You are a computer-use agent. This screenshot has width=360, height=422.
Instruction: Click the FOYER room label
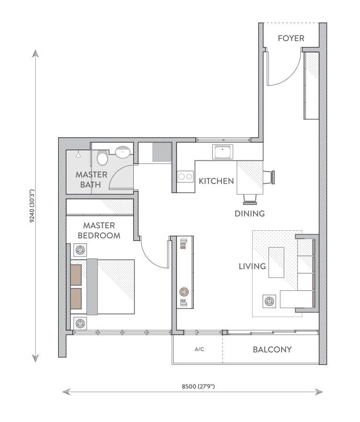tap(291, 38)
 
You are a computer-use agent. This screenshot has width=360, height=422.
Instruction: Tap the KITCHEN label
tap(216, 181)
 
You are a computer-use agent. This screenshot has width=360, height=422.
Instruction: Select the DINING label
tap(250, 213)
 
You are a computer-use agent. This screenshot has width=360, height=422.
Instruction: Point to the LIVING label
tap(252, 266)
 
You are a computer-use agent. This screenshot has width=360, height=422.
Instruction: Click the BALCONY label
tap(272, 350)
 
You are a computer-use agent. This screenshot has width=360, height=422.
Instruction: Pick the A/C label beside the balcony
tap(199, 349)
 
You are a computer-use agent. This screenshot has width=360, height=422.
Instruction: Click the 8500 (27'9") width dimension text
tap(199, 386)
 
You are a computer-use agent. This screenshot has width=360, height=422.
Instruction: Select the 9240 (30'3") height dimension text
tap(32, 206)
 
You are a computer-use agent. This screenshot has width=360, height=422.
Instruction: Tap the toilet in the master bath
tap(102, 158)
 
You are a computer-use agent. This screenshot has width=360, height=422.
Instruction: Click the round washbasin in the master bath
tap(123, 152)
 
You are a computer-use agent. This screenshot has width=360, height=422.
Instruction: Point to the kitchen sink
tap(222, 152)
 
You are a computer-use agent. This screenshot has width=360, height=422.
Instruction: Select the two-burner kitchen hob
tap(185, 177)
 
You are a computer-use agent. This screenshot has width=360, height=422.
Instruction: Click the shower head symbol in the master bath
tap(78, 154)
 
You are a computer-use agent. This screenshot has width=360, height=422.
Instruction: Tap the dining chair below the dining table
tap(250, 199)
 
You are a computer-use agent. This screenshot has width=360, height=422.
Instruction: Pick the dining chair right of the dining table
tap(268, 177)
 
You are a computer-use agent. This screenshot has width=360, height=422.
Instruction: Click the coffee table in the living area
tap(276, 263)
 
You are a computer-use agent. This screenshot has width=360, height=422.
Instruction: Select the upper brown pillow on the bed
tap(76, 275)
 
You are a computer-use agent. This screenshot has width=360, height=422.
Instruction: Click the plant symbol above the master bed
tap(80, 250)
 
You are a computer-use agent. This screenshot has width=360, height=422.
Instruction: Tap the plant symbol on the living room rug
tap(269, 301)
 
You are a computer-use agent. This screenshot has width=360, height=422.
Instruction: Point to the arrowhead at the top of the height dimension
tap(35, 53)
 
